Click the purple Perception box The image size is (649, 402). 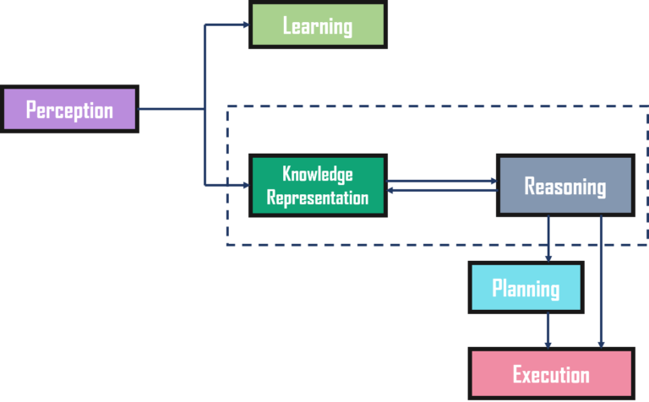[69, 110]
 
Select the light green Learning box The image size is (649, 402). [318, 25]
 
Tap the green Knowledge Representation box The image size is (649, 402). [318, 186]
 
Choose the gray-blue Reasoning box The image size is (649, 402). [564, 186]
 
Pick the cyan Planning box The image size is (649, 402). [526, 288]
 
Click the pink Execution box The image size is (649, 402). [551, 373]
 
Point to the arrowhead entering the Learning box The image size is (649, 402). [246, 24]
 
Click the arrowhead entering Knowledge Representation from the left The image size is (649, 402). [246, 183]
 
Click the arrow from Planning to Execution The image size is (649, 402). [548, 330]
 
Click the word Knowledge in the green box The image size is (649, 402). [318, 175]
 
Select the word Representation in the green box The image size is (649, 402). [318, 198]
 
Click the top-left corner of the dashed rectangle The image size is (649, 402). [226, 107]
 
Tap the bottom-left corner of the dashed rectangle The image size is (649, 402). [226, 245]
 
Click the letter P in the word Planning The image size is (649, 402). [498, 289]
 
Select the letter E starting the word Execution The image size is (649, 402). [518, 374]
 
